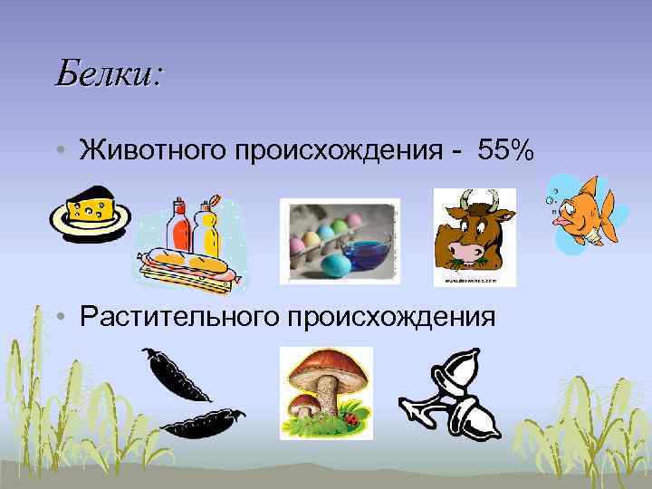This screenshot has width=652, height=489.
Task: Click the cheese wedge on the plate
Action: [x=93, y=206]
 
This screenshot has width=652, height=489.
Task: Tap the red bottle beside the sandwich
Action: [x=180, y=225]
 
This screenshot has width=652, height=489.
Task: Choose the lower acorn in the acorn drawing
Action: [x=471, y=414]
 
